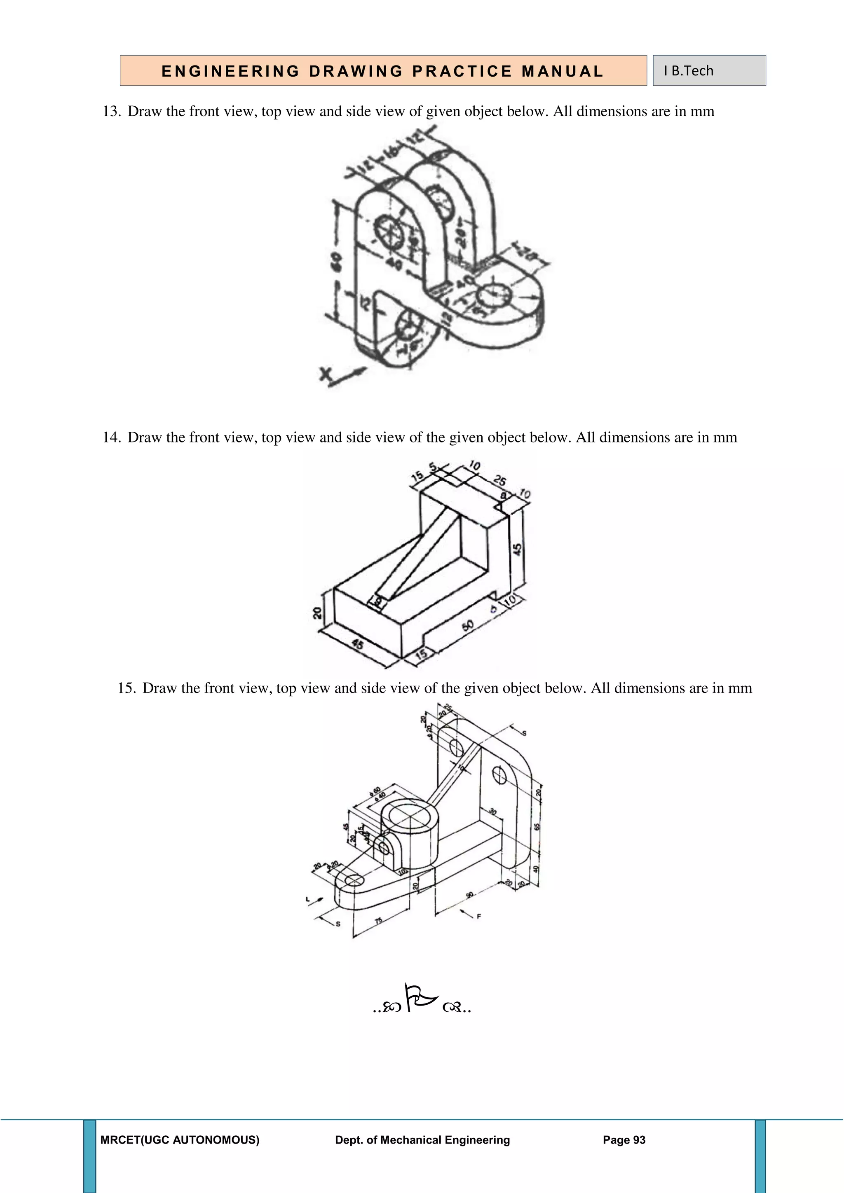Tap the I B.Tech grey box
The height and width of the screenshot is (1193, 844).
[x=709, y=71]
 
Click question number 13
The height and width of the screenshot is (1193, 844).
[x=111, y=112]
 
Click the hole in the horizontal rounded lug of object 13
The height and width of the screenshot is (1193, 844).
[x=494, y=296]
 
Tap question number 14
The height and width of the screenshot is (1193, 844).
[x=111, y=437]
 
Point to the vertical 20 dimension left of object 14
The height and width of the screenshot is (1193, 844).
[x=317, y=613]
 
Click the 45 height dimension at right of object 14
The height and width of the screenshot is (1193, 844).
[x=517, y=549]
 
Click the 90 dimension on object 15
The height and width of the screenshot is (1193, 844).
[x=469, y=895]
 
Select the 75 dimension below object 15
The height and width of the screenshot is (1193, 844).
[x=378, y=921]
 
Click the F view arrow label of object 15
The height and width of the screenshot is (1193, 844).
[x=478, y=917]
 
